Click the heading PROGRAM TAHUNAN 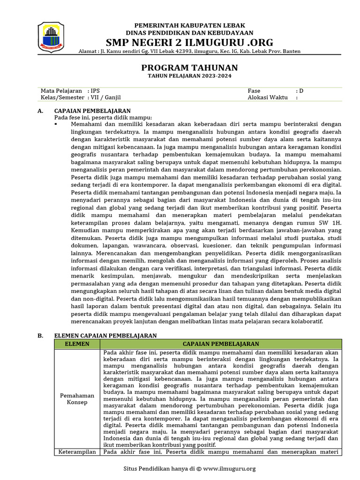pos(189,67)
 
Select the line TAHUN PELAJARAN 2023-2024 pos(189,76)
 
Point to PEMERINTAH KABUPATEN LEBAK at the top pos(189,25)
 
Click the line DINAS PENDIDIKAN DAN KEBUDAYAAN pos(189,32)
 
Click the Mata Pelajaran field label pos(61,90)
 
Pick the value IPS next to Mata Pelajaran pos(95,90)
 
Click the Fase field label pos(254,90)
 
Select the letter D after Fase pos(301,90)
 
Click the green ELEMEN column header pos(76,344)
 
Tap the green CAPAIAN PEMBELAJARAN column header pos(221,344)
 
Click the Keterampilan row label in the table pos(77,452)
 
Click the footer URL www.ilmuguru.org pos(230,468)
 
